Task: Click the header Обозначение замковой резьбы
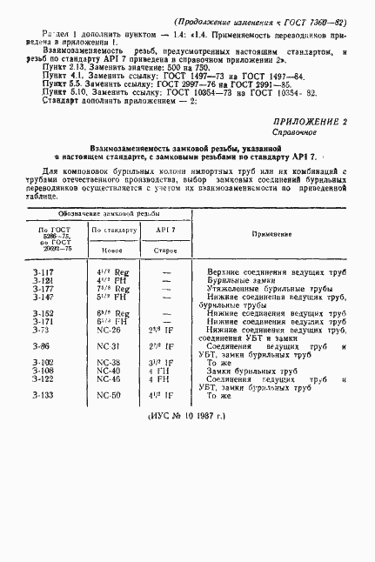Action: pos(115,213)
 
